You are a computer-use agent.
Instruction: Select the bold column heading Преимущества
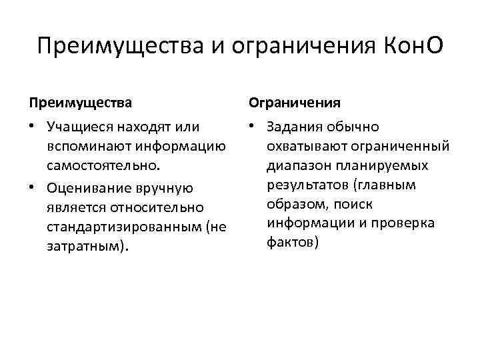(x=80, y=103)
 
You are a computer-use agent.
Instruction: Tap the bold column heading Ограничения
(x=295, y=103)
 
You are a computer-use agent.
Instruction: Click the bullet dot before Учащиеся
(x=32, y=127)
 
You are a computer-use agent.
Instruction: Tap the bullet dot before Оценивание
(x=32, y=189)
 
